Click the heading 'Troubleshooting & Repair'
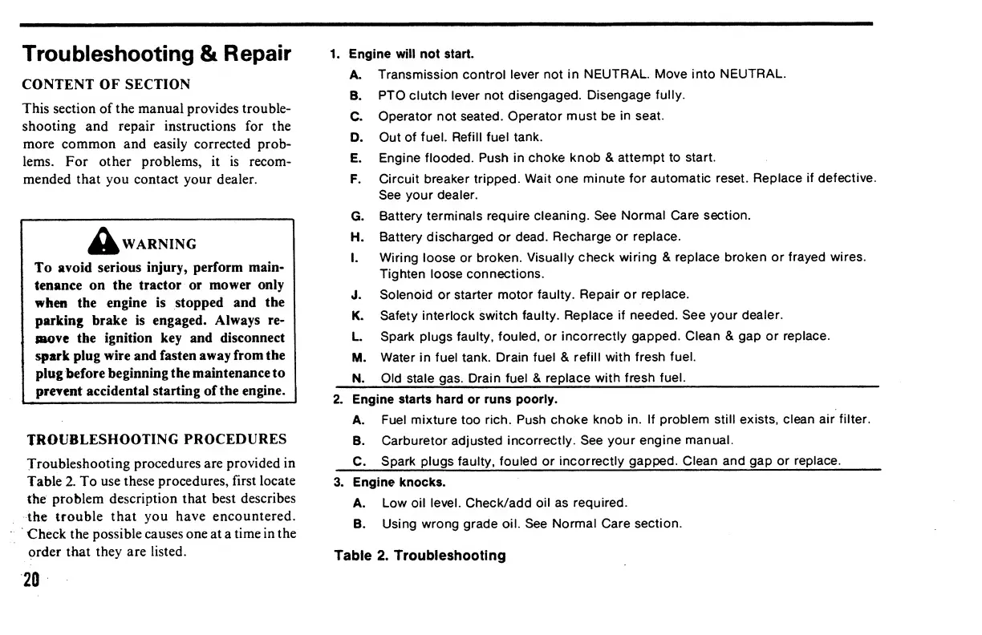point(156,54)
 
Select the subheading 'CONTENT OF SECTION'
point(106,85)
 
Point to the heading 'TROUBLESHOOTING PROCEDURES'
point(157,439)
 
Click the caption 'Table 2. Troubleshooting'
point(420,556)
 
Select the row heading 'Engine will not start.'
point(411,55)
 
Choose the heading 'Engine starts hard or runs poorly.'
point(455,399)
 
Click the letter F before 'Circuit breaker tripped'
point(355,178)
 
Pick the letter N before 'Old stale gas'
point(358,378)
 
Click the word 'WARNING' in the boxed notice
point(167,244)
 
